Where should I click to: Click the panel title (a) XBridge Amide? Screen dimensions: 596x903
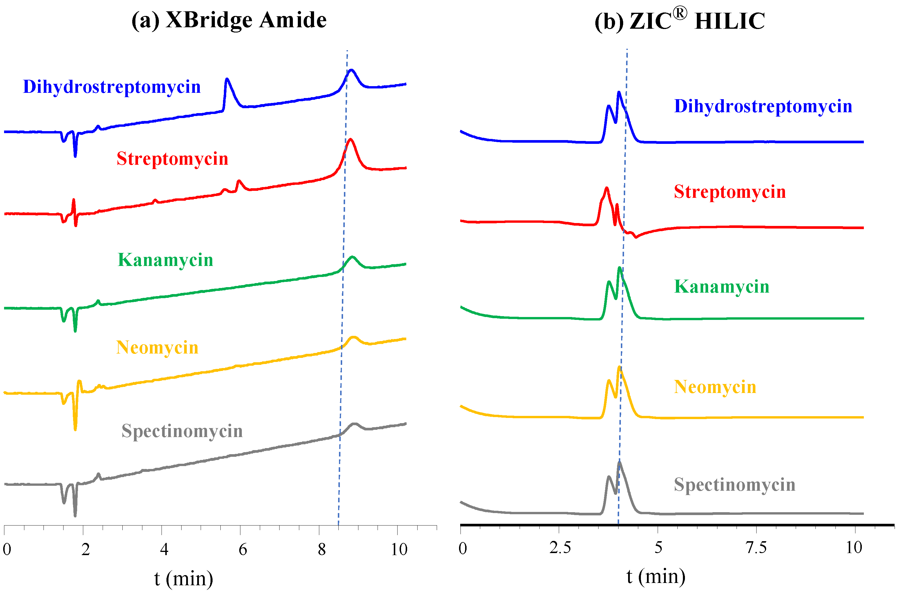click(229, 20)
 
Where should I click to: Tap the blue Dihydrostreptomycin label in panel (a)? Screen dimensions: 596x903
click(112, 87)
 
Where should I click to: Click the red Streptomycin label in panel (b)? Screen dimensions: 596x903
click(730, 192)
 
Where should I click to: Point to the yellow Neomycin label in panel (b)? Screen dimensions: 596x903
click(715, 387)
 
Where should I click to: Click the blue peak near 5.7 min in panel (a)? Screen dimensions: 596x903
click(227, 80)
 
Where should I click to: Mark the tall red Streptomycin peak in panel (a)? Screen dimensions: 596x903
click(350, 140)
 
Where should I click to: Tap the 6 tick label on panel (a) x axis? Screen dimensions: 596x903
click(243, 550)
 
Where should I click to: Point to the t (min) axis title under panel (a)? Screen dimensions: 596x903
click(184, 579)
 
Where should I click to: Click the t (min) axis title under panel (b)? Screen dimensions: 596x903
click(656, 577)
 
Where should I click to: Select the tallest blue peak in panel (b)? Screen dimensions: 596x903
click(619, 92)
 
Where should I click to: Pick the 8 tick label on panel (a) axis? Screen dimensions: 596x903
click(322, 550)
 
